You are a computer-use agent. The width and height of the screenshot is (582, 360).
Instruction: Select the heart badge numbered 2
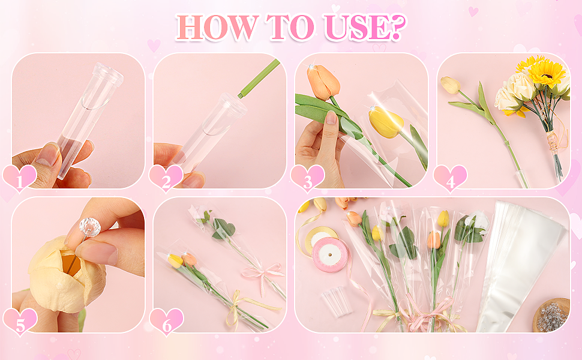click(x=166, y=179)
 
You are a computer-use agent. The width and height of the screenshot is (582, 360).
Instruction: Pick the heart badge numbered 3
click(x=307, y=179)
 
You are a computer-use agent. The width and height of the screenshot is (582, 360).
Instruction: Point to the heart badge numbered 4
click(x=450, y=179)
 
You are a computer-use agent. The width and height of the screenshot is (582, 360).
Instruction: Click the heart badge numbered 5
click(x=20, y=322)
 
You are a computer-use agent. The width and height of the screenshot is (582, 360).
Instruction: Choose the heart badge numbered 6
click(x=166, y=322)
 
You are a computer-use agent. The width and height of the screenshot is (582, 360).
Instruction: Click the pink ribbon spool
click(x=330, y=254)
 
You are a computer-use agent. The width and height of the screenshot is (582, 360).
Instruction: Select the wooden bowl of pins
click(x=551, y=315)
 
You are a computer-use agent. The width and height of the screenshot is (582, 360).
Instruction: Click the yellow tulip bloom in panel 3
click(x=386, y=122)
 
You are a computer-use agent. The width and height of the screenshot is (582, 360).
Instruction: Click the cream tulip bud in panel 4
click(x=450, y=85)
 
